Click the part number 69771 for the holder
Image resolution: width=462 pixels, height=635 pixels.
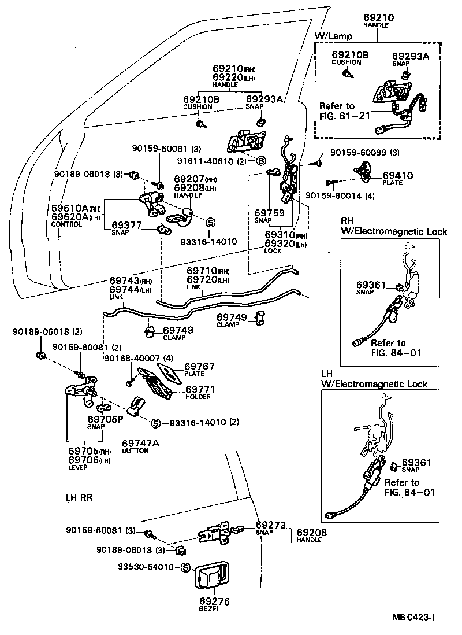(x=199, y=389)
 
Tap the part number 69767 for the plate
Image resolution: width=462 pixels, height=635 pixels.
(x=199, y=367)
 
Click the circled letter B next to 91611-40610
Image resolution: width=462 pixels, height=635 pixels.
(x=260, y=160)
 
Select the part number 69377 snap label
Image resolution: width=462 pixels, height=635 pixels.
(x=126, y=224)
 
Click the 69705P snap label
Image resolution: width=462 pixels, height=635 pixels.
(x=105, y=419)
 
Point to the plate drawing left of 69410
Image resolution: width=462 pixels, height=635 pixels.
(x=363, y=171)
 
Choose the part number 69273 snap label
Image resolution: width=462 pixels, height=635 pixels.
(x=270, y=525)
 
